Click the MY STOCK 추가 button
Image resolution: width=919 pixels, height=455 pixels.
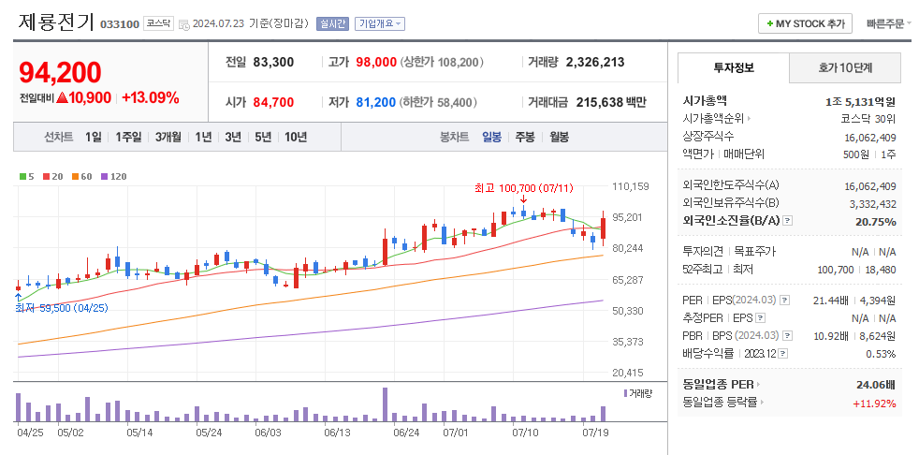point(805,23)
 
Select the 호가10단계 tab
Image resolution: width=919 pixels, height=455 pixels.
point(845,67)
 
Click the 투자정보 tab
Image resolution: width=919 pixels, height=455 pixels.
point(734,67)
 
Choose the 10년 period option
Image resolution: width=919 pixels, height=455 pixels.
point(295,137)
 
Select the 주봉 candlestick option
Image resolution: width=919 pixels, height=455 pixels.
point(524,137)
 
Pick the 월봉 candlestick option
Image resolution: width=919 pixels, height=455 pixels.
point(559,137)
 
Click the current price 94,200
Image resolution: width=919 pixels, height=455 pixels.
point(60,72)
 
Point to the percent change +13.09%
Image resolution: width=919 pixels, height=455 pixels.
point(150,97)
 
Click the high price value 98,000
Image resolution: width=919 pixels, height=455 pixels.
point(376,62)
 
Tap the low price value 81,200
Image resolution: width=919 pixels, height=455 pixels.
point(376,102)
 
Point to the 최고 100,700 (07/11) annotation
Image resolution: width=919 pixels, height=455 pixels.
point(523,188)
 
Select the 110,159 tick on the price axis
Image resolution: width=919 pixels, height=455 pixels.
point(630,186)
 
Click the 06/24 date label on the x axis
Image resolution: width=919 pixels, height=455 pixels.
point(406,433)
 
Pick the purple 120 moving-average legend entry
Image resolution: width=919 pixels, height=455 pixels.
point(114,176)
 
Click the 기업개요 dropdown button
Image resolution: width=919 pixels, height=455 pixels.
point(379,23)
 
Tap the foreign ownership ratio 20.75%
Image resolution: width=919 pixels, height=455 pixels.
point(876,222)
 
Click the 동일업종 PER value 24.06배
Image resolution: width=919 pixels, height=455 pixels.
point(876,384)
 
